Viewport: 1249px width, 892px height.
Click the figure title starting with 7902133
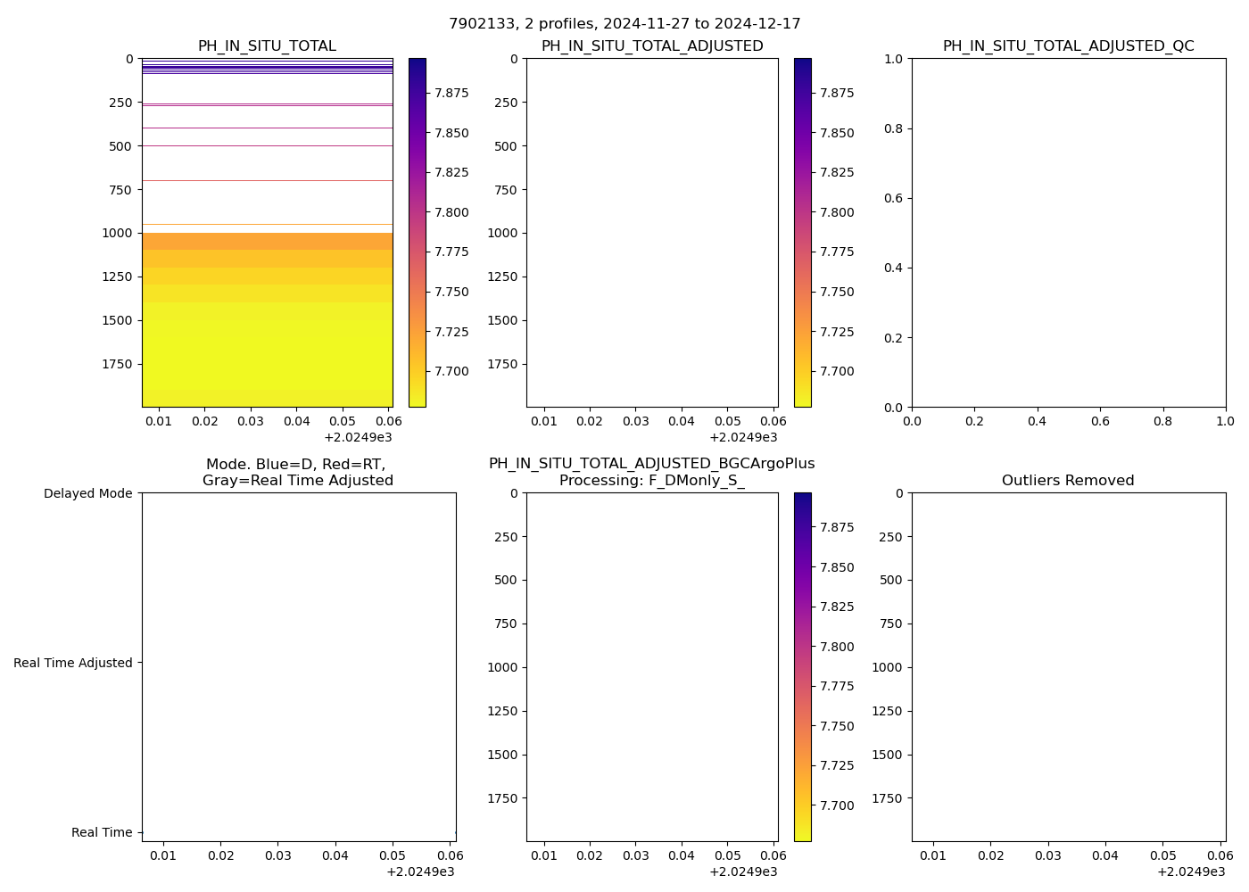pyautogui.click(x=624, y=23)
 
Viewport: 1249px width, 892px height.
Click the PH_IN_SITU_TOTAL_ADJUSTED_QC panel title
pyautogui.click(x=1068, y=46)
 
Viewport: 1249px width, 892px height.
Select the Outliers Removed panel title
pyautogui.click(x=1068, y=481)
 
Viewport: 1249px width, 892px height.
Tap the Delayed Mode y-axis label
pyautogui.click(x=87, y=493)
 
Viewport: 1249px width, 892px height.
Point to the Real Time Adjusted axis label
pyautogui.click(x=73, y=663)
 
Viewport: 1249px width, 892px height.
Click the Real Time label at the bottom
pyautogui.click(x=102, y=832)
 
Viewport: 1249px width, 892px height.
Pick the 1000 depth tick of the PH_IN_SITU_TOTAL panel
pyautogui.click(x=118, y=233)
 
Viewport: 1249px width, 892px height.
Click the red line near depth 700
pyautogui.click(x=268, y=180)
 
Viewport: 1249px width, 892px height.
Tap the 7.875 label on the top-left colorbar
pyautogui.click(x=451, y=93)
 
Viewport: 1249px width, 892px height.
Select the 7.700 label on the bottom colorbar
pyautogui.click(x=837, y=805)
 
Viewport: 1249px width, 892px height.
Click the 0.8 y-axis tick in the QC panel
pyautogui.click(x=895, y=128)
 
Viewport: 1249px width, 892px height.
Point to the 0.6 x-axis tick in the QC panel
pyautogui.click(x=1100, y=420)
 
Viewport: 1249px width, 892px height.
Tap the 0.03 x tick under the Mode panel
pyautogui.click(x=278, y=855)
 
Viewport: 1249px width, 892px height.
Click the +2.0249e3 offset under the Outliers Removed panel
pyautogui.click(x=1191, y=871)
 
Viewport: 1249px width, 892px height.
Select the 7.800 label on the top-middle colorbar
pyautogui.click(x=837, y=212)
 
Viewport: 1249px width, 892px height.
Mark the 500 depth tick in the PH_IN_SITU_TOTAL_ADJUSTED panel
pyautogui.click(x=502, y=146)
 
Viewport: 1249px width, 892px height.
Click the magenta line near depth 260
pyautogui.click(x=268, y=104)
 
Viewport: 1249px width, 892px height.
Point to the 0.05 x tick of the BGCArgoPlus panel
pyautogui.click(x=727, y=855)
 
